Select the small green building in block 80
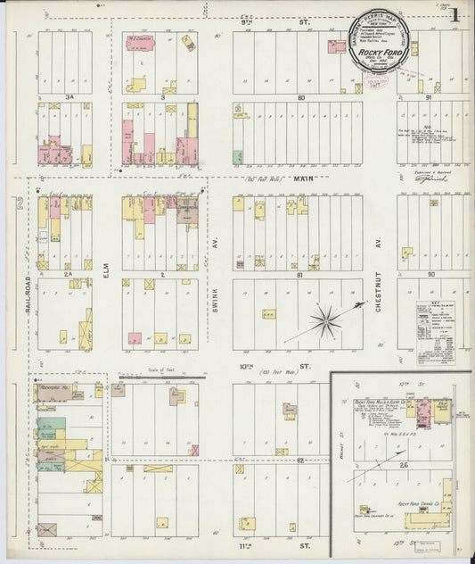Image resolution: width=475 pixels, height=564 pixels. pos(237,157)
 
